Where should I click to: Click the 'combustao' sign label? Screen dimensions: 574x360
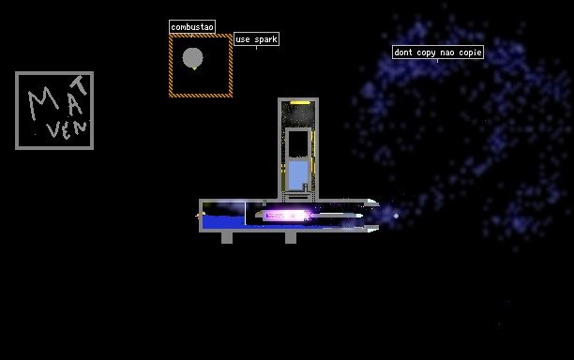click(192, 26)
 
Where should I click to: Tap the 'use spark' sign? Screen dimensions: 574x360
click(256, 38)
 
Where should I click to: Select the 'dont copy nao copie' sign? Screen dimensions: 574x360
click(438, 52)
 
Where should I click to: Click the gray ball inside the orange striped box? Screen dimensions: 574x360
click(192, 57)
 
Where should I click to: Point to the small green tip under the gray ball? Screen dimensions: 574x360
click(194, 68)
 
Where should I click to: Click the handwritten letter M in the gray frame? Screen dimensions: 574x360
click(43, 102)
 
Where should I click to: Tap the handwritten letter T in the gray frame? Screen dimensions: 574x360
click(80, 85)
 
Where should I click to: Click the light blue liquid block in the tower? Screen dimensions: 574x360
click(298, 175)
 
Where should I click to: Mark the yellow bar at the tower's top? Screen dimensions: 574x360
click(300, 103)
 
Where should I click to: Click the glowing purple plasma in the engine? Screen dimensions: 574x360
click(287, 215)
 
